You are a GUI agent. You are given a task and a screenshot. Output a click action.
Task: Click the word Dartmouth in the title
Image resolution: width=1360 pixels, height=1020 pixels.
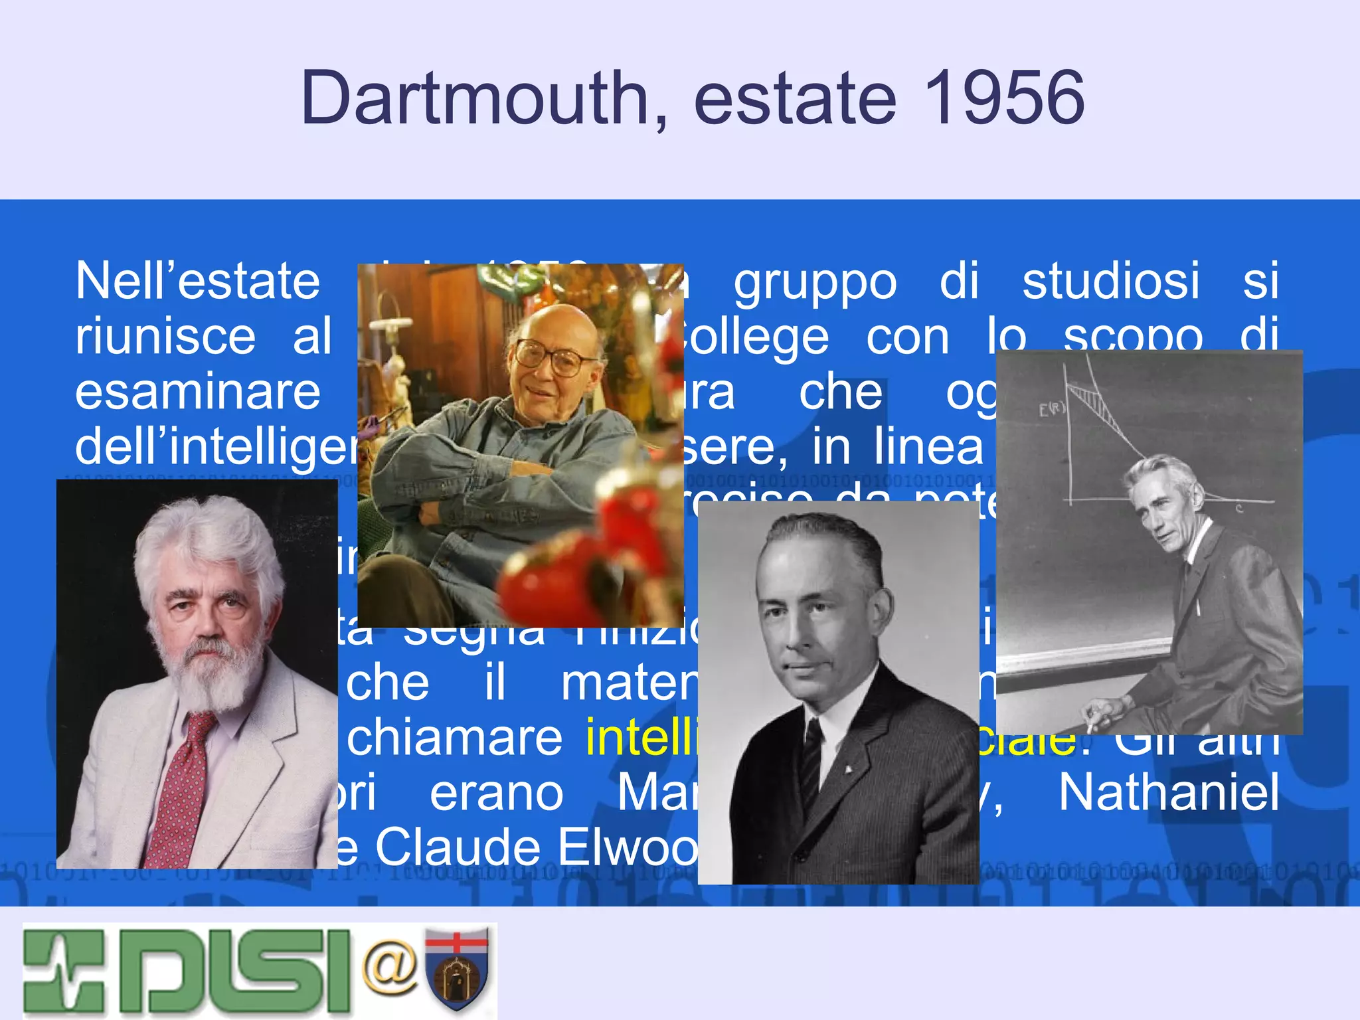coord(474,98)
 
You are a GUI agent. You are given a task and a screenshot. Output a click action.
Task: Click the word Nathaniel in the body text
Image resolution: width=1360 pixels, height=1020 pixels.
coord(1168,792)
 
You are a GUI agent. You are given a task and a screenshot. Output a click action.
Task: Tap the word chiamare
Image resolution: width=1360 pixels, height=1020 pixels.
coord(454,738)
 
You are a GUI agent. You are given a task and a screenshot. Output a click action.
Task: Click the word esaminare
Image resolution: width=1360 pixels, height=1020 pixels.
coord(197,392)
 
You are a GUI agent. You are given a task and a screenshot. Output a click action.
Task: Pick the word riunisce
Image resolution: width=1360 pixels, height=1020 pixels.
coord(165,336)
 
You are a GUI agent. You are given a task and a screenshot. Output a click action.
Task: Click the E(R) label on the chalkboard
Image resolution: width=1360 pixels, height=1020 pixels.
coord(1051,409)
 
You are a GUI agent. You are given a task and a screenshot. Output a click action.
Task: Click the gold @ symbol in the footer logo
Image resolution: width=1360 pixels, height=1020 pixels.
coord(390,967)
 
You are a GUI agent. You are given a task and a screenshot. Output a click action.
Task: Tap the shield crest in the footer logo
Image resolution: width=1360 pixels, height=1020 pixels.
coord(457,970)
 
